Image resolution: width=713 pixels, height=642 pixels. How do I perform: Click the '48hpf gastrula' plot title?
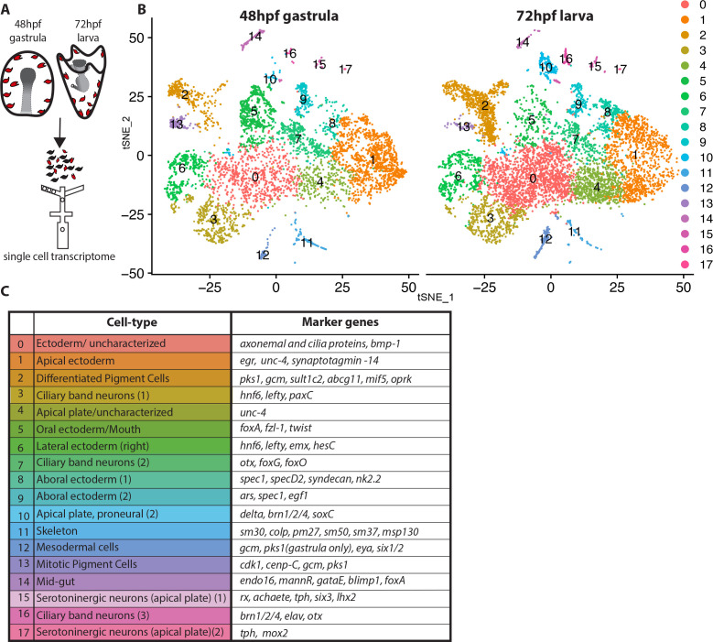[x=288, y=16]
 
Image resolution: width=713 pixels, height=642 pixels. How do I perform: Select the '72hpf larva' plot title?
[x=555, y=16]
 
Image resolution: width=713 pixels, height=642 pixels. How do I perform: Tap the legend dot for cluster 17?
[x=685, y=265]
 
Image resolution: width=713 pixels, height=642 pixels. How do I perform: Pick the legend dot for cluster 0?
[x=685, y=5]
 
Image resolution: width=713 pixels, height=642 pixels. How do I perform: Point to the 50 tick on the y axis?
[x=136, y=38]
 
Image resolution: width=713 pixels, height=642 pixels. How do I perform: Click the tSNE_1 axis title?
[x=436, y=298]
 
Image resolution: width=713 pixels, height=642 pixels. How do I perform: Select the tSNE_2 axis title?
[x=126, y=133]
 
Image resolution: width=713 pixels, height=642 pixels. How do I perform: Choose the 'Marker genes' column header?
[x=340, y=322]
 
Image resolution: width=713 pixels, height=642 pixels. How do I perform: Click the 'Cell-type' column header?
[x=133, y=322]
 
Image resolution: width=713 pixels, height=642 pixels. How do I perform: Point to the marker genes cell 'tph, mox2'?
[x=340, y=633]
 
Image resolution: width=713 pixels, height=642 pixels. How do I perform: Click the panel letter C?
[x=5, y=291]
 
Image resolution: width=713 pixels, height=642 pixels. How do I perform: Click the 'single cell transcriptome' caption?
[x=59, y=256]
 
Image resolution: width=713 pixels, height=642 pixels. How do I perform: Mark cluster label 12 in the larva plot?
[x=546, y=239]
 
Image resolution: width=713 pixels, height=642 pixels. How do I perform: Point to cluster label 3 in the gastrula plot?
[x=214, y=220]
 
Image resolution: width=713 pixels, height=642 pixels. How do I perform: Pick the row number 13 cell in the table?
[x=21, y=565]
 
